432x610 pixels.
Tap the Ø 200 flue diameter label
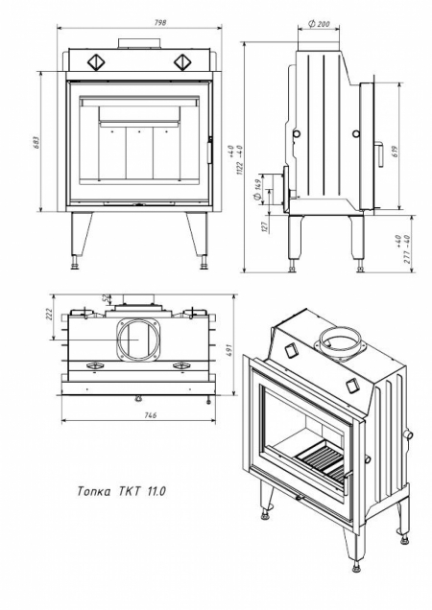tap(320, 24)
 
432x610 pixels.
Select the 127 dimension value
tap(262, 227)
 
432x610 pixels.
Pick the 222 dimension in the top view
tap(48, 316)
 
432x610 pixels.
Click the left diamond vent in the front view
tap(97, 61)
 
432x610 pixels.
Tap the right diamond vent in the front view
tap(182, 61)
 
